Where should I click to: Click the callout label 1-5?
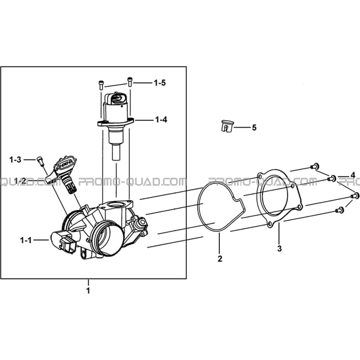tap(159, 83)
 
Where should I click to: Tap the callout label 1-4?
tap(161, 120)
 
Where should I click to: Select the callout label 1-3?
tap(15, 159)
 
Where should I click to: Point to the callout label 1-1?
tap(26, 240)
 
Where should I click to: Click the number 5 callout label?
tap(254, 128)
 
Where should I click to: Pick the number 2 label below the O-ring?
tap(220, 259)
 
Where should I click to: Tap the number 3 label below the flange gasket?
tap(279, 248)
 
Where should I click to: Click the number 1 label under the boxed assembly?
tap(88, 291)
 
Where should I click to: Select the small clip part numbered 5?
tap(227, 126)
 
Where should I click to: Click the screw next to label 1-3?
tap(40, 161)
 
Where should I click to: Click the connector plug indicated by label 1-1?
tap(63, 242)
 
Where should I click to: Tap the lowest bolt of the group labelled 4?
tap(339, 210)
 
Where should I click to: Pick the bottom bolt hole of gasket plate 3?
tap(270, 224)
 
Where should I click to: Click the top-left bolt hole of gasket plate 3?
tap(260, 177)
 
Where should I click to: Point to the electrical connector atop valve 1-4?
tap(116, 99)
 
